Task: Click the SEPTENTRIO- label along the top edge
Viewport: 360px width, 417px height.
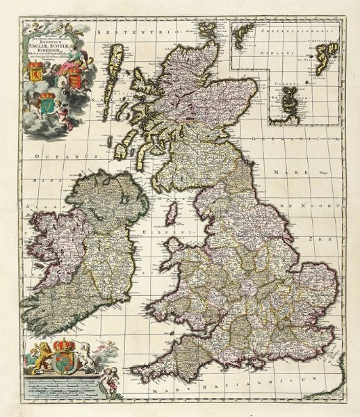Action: click(142, 32)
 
